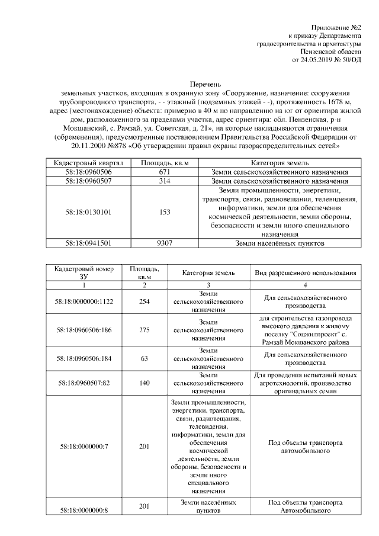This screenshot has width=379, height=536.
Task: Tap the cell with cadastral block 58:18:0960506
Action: (89, 172)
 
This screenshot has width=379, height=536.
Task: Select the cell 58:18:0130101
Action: (89, 212)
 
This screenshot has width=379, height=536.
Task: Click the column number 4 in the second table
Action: (306, 285)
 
